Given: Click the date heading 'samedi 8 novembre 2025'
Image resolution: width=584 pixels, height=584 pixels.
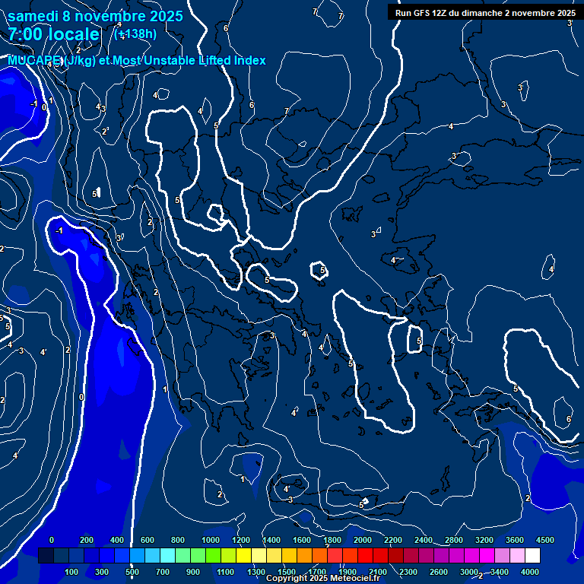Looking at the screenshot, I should coord(95,16).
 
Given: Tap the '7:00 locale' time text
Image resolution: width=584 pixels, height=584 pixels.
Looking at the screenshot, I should coord(53,34).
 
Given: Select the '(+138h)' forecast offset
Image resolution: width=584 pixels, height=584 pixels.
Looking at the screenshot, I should coord(135,33).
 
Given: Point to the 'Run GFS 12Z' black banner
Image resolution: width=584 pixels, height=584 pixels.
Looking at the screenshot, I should coord(485,13).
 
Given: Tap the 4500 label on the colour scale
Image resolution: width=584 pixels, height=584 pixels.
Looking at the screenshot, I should coord(545,540).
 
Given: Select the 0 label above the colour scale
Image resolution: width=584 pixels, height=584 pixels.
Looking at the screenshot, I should coord(52,540).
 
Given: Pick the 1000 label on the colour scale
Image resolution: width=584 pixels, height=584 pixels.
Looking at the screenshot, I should coord(211,540).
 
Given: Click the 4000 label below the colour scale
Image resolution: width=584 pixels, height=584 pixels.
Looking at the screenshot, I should coord(530,572).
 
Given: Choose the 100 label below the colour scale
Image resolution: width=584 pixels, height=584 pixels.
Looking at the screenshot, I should coord(72,572).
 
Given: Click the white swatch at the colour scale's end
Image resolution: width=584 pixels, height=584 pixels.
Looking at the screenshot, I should coord(532,556).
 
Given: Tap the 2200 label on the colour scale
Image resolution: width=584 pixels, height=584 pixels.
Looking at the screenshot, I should coord(393,540).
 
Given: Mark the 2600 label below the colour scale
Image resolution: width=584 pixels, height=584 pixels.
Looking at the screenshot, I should coord(439,572).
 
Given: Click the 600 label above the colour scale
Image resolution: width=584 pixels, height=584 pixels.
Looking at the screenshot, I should coord(148,540).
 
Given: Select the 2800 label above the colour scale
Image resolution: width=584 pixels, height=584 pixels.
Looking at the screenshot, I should coord(454,540).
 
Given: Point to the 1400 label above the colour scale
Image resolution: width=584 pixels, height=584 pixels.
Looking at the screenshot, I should coord(271,540).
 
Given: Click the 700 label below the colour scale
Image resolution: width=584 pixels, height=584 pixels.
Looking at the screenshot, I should coord(163,572).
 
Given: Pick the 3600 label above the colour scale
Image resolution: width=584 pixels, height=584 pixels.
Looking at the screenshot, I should coord(515,540).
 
